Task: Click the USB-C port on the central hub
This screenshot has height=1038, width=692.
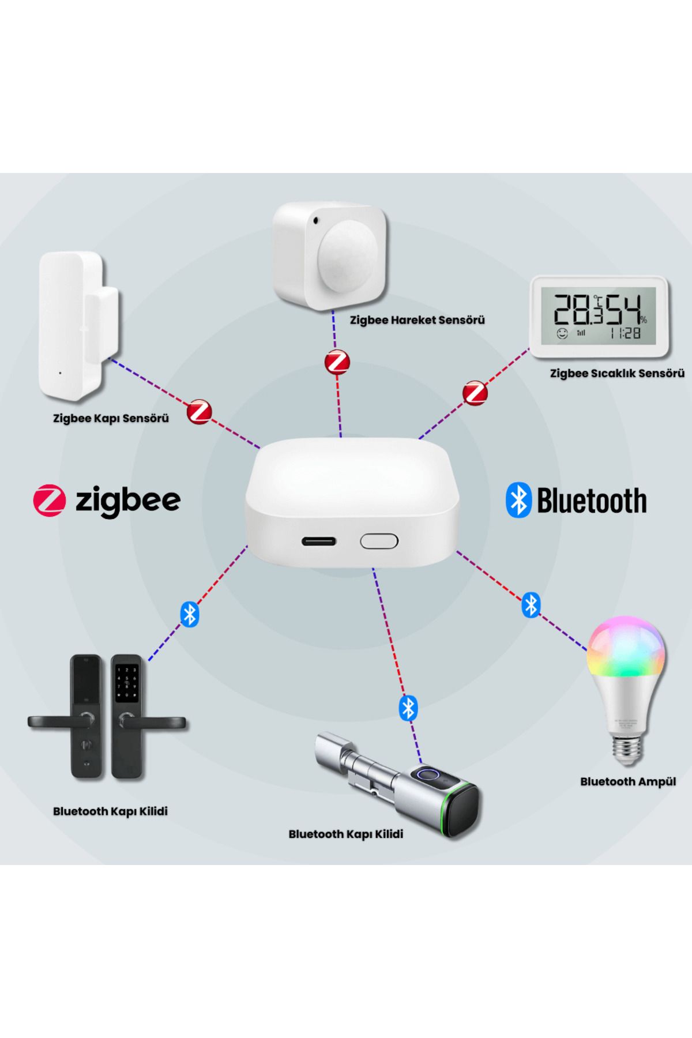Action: (x=319, y=541)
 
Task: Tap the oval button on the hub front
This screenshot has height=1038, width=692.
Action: (x=379, y=541)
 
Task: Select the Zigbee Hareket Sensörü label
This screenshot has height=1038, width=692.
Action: (x=418, y=320)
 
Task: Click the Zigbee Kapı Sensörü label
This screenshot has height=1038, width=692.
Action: (x=111, y=418)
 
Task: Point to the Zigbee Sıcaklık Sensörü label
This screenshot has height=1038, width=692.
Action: (x=617, y=373)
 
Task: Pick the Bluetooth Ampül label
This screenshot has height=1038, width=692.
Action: (x=628, y=782)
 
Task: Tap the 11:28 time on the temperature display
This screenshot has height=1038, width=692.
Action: (x=625, y=333)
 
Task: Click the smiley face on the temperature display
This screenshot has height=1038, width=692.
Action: (x=562, y=333)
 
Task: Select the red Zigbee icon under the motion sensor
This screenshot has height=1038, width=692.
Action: (x=337, y=362)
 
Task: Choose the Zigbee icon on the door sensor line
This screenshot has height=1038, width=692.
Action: (x=200, y=411)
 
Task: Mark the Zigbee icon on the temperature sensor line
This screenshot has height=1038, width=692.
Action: (x=475, y=393)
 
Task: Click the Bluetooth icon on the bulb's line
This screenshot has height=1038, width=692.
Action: (x=531, y=605)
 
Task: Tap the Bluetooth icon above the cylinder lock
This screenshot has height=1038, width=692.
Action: (x=408, y=708)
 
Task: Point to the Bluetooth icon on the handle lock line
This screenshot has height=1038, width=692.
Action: (x=190, y=614)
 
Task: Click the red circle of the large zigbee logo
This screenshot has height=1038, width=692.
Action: (x=49, y=500)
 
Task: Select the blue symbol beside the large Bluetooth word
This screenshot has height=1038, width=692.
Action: (x=518, y=500)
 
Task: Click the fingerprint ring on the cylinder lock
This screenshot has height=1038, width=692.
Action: (x=428, y=775)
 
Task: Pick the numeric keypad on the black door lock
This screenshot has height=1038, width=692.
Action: (x=127, y=684)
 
